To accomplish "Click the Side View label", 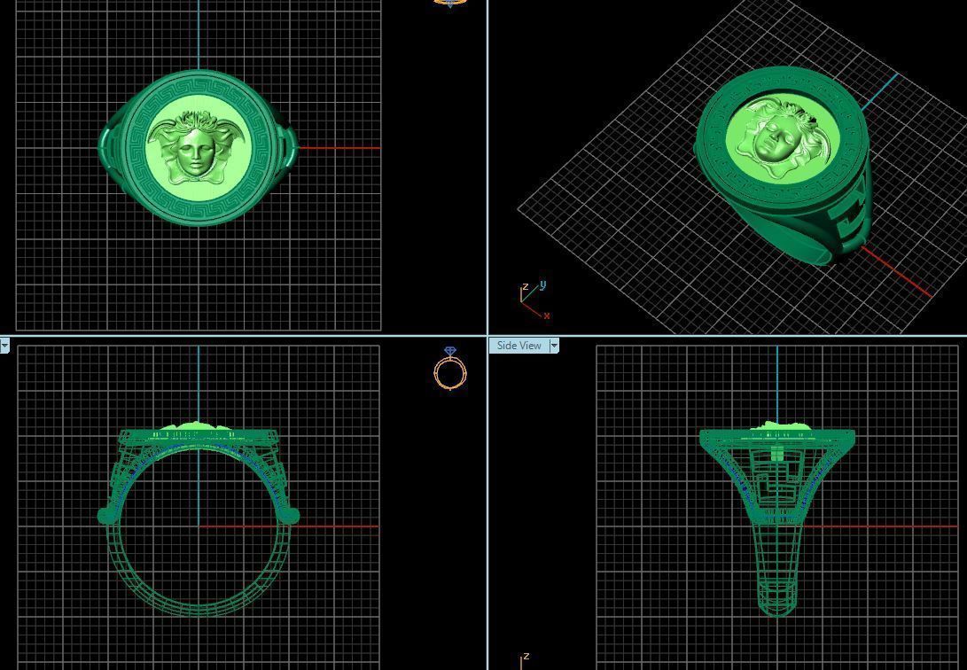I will [x=519, y=346].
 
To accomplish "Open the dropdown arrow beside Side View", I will [x=554, y=346].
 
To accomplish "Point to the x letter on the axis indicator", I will [x=547, y=316].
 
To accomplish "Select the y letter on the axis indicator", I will [x=542, y=284].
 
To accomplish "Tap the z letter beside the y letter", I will [x=526, y=286].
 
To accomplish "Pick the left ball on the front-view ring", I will [x=105, y=515].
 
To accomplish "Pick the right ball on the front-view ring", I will [x=292, y=515].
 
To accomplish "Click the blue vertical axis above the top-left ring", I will [x=199, y=35].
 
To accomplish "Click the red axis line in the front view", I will [x=337, y=526].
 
